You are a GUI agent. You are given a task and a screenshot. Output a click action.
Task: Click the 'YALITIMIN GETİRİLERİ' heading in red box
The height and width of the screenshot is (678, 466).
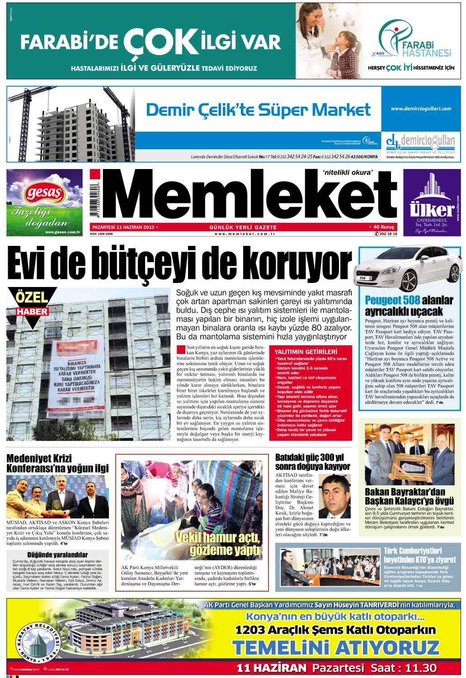(306, 352)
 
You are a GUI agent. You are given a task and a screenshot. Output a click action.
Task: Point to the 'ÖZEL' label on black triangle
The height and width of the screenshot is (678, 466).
(32, 297)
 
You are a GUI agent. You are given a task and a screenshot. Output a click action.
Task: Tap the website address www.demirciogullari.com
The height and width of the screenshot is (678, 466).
(421, 108)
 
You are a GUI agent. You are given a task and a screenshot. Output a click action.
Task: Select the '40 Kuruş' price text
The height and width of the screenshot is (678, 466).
(383, 227)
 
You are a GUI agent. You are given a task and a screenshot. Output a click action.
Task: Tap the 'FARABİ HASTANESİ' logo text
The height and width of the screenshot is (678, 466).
(426, 49)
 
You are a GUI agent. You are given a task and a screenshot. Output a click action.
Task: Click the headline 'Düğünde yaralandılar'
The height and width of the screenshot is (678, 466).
(57, 555)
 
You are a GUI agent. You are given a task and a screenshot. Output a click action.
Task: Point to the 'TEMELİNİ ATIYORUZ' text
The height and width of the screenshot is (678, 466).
(336, 648)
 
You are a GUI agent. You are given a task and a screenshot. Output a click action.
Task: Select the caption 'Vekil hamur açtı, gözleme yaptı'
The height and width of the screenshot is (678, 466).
(219, 544)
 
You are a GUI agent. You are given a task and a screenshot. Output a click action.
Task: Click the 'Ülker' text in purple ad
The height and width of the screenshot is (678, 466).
(432, 210)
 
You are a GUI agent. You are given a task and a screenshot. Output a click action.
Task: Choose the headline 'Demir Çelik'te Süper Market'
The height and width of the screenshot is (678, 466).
(258, 110)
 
